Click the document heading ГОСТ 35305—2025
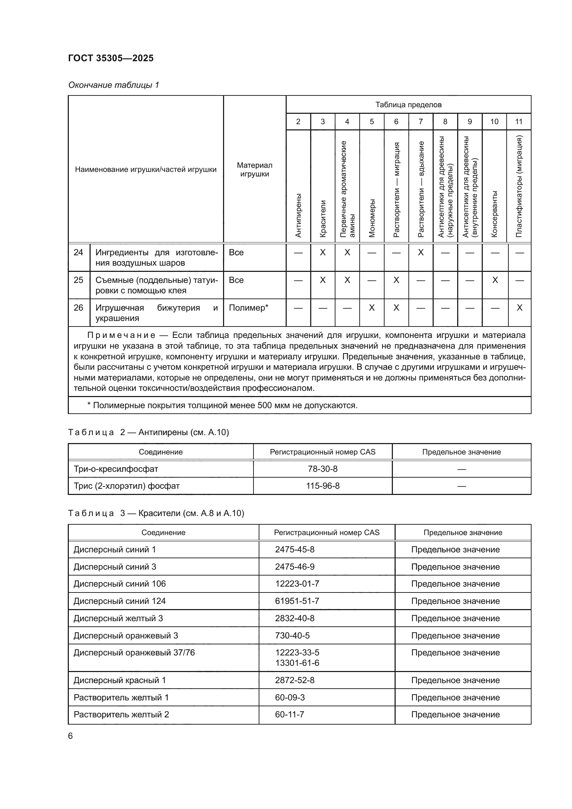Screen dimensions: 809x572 111,58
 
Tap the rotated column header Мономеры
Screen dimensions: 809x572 372,218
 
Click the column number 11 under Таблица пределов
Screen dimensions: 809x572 518,121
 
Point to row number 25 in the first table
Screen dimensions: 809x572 79,280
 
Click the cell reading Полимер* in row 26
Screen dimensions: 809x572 248,308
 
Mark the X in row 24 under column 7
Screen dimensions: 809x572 421,252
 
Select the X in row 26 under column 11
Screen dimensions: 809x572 519,308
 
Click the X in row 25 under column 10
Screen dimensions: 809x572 495,280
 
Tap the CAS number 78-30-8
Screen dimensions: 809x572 322,469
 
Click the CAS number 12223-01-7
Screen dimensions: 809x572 297,584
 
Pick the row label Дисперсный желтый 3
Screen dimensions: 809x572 118,618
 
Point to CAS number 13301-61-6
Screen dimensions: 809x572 297,663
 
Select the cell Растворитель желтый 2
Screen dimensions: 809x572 121,714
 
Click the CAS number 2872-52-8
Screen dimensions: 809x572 294,680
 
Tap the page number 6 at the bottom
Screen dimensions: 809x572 71,736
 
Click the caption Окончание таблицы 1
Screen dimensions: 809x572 113,85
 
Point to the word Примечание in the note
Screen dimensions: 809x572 121,335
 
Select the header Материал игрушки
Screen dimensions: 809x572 254,169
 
